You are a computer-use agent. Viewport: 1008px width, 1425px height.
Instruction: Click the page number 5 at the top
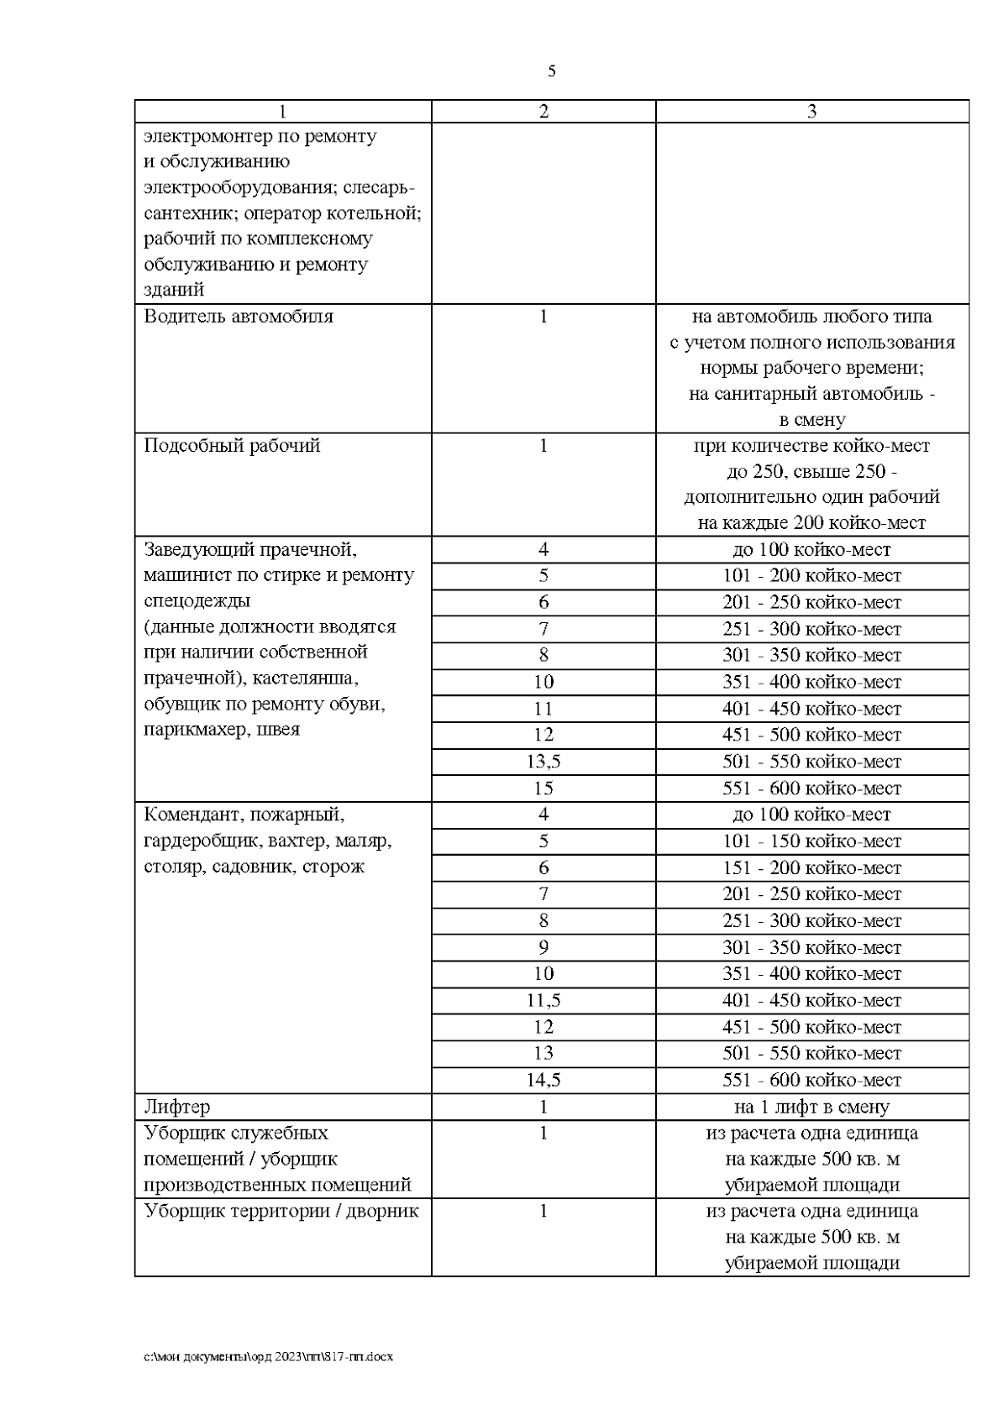(551, 71)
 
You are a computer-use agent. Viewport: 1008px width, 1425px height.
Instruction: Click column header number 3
(811, 112)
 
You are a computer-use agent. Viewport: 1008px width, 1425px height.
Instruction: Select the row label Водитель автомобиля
(239, 317)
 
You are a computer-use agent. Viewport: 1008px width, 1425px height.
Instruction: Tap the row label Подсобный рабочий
(232, 445)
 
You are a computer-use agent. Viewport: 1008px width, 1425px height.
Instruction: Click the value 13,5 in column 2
(543, 762)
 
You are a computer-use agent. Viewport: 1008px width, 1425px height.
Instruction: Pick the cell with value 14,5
(543, 1080)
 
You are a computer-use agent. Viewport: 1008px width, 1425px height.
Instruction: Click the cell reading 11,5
(543, 1000)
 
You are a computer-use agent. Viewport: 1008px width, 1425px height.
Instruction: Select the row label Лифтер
(177, 1107)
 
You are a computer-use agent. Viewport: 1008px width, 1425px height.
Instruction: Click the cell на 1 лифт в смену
(811, 1107)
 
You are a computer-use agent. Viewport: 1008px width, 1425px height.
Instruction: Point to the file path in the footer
(269, 1356)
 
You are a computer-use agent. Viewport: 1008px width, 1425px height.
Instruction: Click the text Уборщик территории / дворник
(281, 1211)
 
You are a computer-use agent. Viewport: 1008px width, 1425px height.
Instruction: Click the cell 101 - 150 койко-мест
(811, 841)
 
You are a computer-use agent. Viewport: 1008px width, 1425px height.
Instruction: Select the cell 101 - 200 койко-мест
(811, 576)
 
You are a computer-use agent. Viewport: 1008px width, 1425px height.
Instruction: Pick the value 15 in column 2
(543, 788)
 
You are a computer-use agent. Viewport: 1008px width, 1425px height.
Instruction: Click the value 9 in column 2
(543, 947)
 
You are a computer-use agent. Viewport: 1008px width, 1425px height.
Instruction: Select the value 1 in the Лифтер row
(543, 1107)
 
